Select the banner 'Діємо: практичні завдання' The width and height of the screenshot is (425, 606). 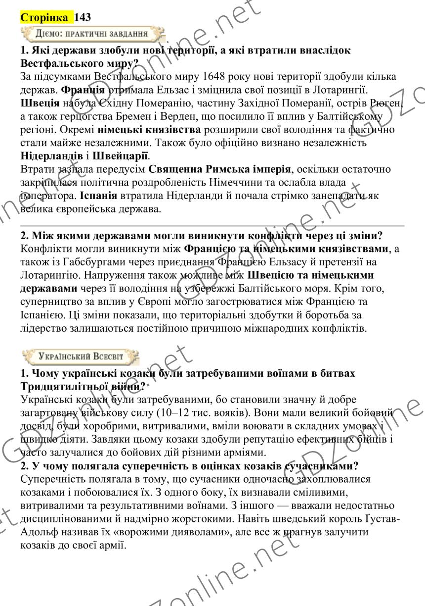91,34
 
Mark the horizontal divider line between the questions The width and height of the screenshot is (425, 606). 212,226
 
